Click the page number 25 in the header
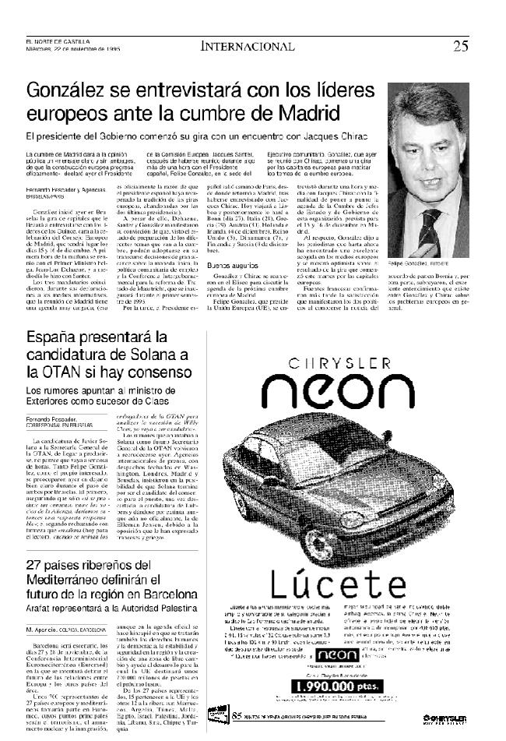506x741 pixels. tap(461, 45)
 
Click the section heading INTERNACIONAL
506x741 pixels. tap(248, 46)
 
